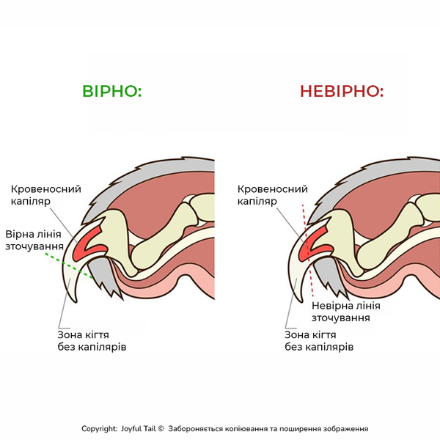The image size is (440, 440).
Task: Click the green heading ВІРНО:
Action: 111,91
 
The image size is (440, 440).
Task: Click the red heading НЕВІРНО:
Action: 342,91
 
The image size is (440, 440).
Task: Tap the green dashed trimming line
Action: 69,265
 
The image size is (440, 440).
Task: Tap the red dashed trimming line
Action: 308,250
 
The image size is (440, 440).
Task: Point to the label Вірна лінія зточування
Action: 34,241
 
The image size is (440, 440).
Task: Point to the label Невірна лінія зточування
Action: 346,312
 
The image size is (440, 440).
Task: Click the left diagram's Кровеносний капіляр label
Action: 46,195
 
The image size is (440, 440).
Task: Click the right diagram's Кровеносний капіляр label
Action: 273,195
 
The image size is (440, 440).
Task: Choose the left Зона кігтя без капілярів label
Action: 92,341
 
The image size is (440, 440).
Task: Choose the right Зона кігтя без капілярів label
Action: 319,341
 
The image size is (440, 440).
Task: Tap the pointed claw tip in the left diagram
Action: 76,302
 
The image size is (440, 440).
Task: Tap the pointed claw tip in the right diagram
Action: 301,301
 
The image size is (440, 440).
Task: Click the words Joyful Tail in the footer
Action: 139,429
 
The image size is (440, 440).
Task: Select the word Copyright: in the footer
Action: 99,429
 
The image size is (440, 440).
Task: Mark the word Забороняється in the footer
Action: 196,429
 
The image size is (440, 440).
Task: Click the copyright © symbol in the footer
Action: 161,429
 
